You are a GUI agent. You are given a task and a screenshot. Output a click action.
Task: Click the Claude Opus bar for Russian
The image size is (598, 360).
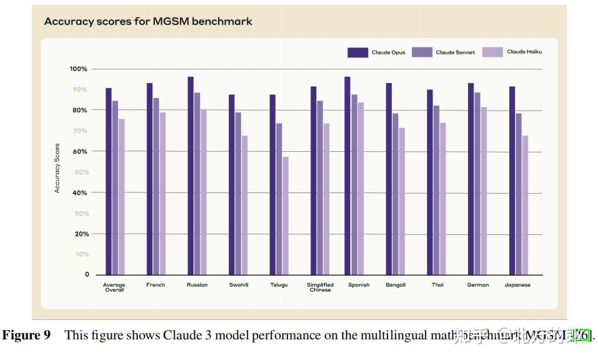191,176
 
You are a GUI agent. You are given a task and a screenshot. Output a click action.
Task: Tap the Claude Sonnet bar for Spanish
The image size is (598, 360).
354,185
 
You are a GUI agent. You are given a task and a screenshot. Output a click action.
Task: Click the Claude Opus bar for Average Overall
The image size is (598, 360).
108,181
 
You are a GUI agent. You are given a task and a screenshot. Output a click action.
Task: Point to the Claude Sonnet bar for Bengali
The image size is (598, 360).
396,194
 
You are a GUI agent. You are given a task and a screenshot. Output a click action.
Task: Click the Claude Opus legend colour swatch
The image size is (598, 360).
357,52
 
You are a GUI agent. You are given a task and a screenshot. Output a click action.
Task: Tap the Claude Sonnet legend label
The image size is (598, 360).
455,52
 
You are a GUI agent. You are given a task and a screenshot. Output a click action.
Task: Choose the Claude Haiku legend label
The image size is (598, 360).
524,52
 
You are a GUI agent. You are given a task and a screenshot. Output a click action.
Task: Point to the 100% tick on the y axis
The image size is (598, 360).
79,69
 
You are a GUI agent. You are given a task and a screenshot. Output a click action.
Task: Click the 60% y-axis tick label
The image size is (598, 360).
80,151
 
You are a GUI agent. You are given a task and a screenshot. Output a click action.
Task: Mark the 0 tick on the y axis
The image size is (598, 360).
87,274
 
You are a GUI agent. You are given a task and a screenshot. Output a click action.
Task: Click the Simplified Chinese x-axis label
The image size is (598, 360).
320,287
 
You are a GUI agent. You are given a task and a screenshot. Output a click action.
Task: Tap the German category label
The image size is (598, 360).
478,285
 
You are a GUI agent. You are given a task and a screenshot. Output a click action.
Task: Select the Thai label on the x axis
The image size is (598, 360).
437,285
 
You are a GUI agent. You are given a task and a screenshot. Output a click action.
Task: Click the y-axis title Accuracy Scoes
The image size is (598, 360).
57,168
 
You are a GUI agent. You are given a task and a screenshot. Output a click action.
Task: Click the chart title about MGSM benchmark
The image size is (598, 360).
148,21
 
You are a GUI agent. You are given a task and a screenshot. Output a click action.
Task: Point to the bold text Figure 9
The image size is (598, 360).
27,336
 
